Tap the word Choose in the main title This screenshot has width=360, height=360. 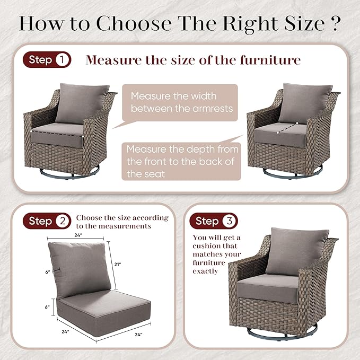[x=134, y=23]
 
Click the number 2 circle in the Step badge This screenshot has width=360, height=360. [x=63, y=221]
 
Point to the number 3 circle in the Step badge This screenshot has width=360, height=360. [x=229, y=221]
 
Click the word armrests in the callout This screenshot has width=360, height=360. [x=213, y=108]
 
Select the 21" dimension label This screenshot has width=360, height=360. [x=118, y=265]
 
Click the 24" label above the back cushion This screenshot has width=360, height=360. [x=78, y=235]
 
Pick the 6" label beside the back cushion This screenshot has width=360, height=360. [x=48, y=272]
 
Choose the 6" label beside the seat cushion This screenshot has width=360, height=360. [x=47, y=307]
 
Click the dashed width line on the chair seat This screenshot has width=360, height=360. [x=57, y=134]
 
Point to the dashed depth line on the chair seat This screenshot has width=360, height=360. [x=287, y=128]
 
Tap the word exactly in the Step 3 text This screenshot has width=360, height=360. [x=205, y=271]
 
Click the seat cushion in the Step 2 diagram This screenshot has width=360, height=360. [x=104, y=312]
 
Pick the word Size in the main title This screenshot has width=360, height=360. [x=305, y=23]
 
